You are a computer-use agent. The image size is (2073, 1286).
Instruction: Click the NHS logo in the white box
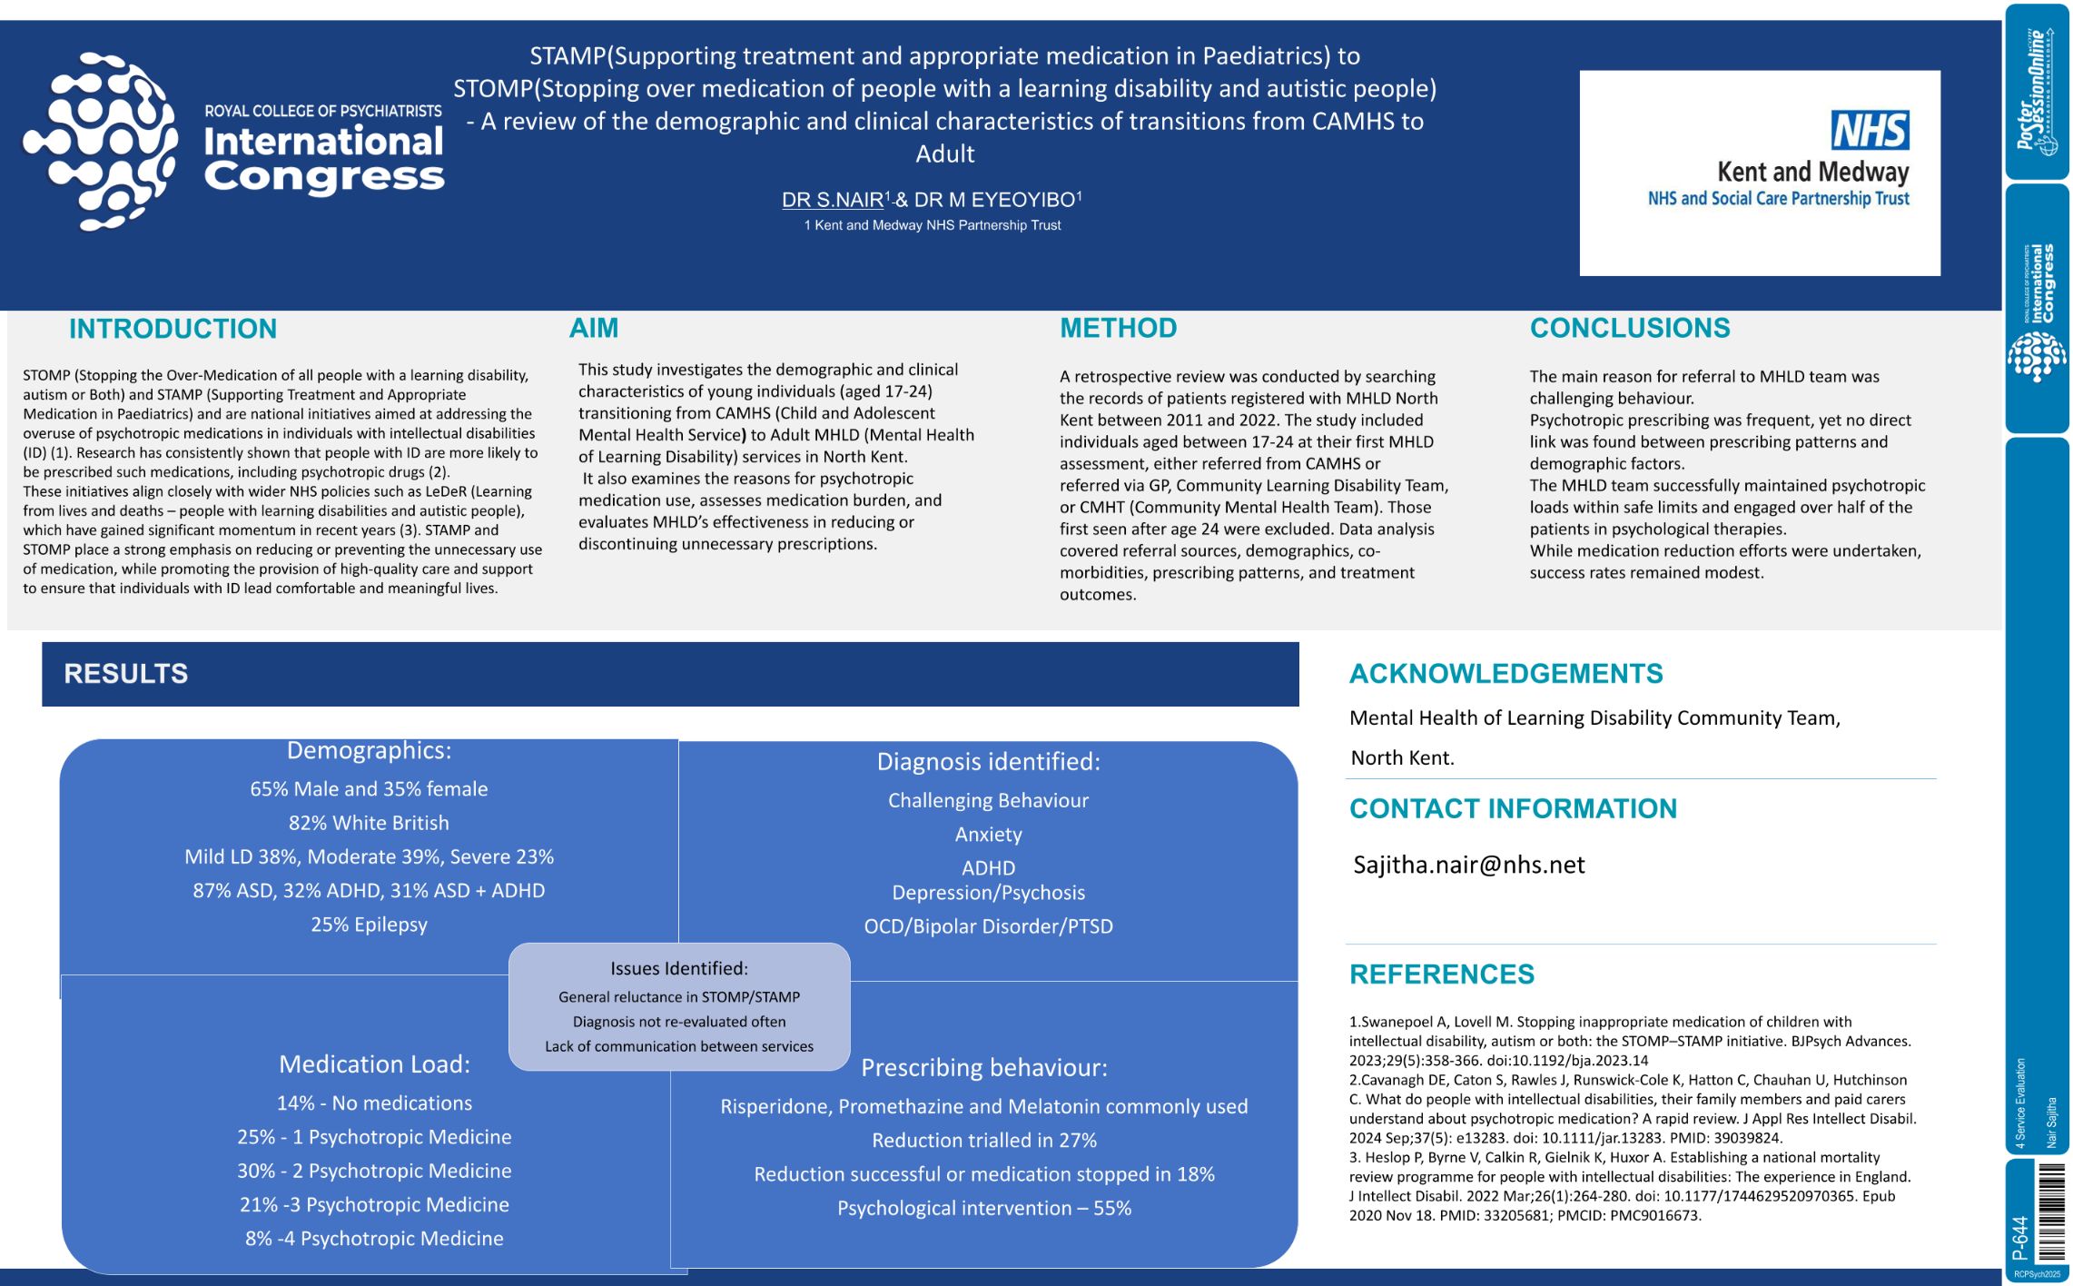coord(1870,131)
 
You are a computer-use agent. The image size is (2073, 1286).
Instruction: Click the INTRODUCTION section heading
coord(173,329)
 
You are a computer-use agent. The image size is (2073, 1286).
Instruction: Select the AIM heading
coord(593,328)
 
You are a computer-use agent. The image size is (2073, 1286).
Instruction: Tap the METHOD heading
coord(1118,328)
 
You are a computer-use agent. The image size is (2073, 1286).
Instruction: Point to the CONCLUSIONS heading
coord(1630,328)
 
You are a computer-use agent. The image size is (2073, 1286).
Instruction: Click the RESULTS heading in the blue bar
coord(126,674)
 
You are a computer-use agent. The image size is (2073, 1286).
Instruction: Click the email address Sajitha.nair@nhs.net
coord(1468,865)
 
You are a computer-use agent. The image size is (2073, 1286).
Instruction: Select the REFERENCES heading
coord(1441,974)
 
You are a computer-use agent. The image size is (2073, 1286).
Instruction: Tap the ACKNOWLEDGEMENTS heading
coord(1505,674)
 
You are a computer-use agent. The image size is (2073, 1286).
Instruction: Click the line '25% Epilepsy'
coord(369,925)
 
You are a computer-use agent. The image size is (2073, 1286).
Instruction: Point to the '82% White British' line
coord(369,823)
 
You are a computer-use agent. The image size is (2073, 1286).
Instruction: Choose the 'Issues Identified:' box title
coord(679,969)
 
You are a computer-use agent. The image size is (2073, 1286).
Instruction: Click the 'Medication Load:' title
coord(374,1064)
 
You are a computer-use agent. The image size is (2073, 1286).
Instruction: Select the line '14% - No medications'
coord(374,1103)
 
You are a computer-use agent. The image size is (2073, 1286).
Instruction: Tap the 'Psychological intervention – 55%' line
coord(984,1209)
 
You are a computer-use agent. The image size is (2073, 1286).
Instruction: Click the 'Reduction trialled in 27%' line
coord(984,1141)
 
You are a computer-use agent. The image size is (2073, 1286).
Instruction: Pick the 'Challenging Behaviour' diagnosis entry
coord(988,801)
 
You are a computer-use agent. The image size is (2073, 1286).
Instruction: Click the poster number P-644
coord(2019,1238)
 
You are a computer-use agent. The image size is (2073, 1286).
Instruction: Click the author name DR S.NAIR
coord(833,200)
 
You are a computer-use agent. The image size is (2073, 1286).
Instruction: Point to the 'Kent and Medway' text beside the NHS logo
coord(1812,172)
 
